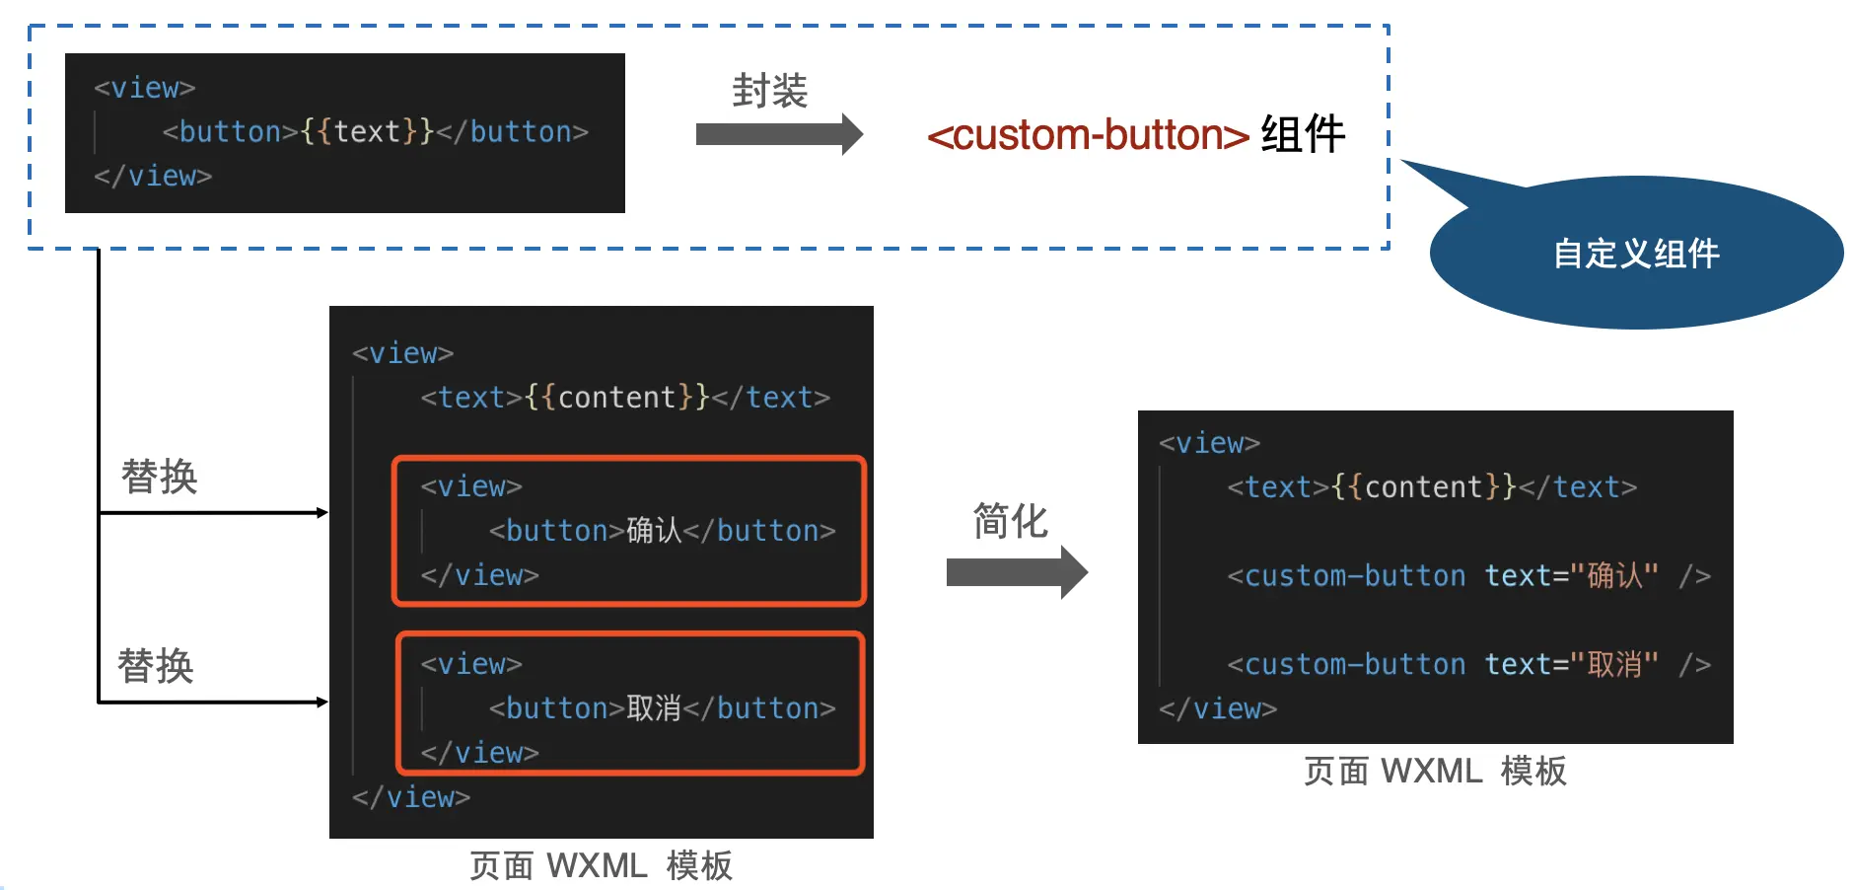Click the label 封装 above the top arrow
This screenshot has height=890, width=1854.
coord(769,91)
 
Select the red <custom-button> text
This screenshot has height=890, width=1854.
coord(1088,135)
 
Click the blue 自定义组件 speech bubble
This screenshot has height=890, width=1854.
coord(1635,253)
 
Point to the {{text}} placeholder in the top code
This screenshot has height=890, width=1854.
coord(367,131)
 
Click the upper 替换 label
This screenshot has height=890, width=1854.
coord(159,477)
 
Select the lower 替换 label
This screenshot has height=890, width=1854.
coord(155,666)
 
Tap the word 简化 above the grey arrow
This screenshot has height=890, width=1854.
coord(1010,521)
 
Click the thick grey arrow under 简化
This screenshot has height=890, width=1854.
coord(1016,572)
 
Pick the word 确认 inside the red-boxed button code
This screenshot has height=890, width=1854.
coord(653,531)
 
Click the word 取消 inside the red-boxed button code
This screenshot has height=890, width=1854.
coord(653,708)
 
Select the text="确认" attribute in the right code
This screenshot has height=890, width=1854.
coord(1571,575)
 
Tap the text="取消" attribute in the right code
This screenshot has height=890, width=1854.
coord(1571,664)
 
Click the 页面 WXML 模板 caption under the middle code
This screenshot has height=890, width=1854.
coord(601,865)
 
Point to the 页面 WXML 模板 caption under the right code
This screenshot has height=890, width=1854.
coord(1435,771)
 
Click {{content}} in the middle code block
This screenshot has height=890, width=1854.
coord(617,397)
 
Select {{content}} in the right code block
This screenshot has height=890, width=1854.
coord(1424,486)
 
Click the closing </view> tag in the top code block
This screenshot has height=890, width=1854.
coord(153,176)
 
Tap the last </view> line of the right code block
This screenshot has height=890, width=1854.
coord(1218,708)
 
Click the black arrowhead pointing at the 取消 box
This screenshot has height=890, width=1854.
coord(321,702)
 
